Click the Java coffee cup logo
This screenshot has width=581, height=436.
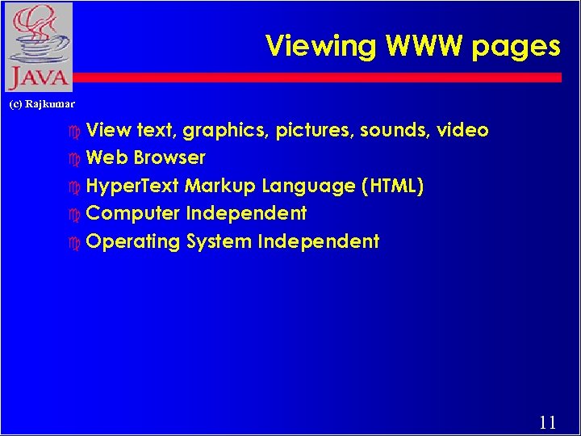38,46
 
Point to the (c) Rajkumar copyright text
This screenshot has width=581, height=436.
41,104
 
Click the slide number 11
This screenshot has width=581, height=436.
547,421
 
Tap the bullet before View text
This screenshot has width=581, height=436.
76,131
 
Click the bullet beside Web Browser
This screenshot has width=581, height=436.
76,158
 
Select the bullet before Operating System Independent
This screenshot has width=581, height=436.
76,242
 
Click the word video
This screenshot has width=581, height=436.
462,130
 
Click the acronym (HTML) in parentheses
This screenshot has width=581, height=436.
393,186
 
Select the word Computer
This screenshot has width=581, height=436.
132,214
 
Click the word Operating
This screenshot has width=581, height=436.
133,242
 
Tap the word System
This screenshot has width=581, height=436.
219,241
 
